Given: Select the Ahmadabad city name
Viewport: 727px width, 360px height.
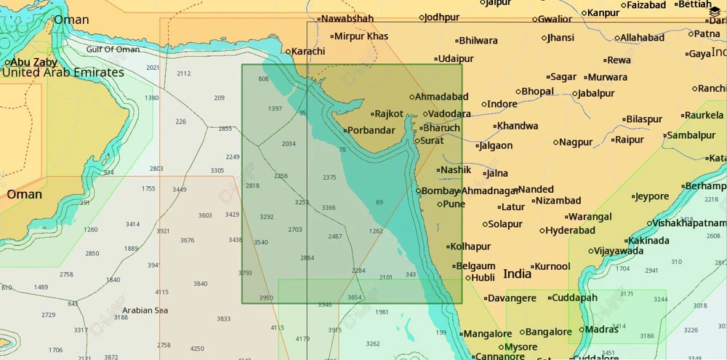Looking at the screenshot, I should (442, 96).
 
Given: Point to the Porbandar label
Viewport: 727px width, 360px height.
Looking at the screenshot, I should (371, 131).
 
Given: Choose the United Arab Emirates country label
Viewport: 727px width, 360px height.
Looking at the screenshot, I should (63, 73).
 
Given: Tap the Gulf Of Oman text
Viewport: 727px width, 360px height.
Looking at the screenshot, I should (113, 49).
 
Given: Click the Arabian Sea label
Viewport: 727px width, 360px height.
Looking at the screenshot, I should (145, 311).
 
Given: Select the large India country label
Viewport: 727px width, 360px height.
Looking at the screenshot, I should (517, 274).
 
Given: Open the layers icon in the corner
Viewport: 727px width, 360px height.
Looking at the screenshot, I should (715, 7).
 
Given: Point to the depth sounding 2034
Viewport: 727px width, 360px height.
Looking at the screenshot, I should (289, 143).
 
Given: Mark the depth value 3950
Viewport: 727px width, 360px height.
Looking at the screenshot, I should (266, 298).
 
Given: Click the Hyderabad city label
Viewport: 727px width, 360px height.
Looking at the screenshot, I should (571, 231).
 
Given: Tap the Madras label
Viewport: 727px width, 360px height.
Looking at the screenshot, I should (601, 329).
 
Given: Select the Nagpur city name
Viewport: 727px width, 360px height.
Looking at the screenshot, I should (576, 142).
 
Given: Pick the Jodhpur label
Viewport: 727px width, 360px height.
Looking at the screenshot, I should (442, 17).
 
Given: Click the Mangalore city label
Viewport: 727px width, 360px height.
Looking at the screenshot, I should (487, 333).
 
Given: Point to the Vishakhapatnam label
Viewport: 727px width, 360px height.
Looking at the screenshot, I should (689, 223).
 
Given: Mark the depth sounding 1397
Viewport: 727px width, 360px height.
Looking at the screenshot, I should (275, 108).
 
